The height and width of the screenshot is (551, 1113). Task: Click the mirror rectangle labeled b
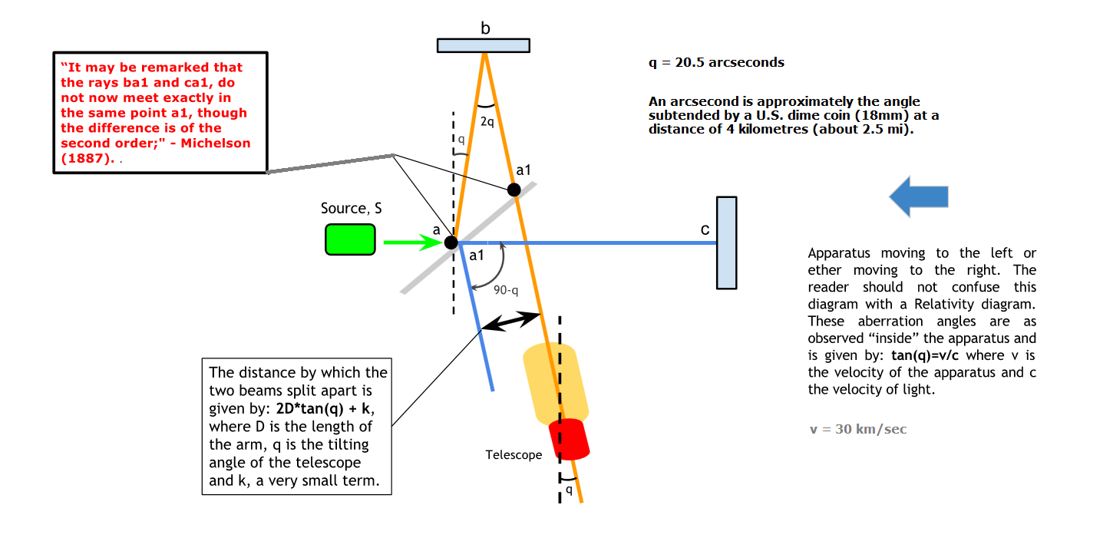483,45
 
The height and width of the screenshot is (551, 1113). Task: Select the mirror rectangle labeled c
726,243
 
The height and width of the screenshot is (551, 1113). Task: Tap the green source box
350,239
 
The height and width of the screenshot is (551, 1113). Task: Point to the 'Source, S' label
352,209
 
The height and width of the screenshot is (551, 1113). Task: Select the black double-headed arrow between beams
510,322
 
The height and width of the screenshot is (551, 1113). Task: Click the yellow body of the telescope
556,383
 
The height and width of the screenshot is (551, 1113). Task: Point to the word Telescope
514,455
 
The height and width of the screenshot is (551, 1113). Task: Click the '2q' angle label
487,121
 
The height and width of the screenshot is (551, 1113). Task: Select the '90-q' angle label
506,290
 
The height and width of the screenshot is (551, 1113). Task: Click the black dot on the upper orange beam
514,190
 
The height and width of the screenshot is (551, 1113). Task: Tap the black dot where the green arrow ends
451,243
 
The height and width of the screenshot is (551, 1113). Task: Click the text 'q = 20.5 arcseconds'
716,63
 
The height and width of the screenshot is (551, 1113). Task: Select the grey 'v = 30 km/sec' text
857,429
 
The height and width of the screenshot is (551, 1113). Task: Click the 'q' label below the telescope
569,489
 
